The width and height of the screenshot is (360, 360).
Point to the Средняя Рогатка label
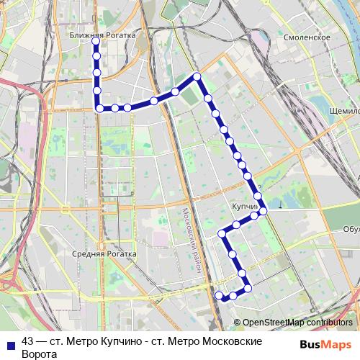(x=104, y=253)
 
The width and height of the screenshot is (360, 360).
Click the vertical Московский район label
(x=189, y=241)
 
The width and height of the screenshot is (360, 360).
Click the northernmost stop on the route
(x=96, y=42)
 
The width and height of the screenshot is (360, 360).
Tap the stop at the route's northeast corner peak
(x=196, y=76)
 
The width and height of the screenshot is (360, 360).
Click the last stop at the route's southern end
(x=219, y=294)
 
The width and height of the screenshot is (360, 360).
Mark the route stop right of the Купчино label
(x=264, y=210)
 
